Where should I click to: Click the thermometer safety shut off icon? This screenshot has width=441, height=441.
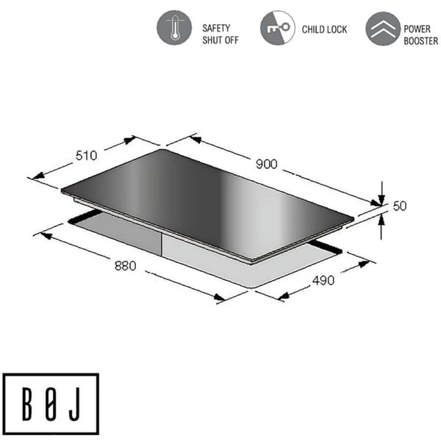click(x=174, y=28)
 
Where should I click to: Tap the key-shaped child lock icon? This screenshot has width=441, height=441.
click(x=278, y=28)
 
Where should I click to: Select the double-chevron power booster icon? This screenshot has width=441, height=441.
click(x=383, y=29)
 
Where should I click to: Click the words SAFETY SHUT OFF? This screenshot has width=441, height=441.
click(x=220, y=34)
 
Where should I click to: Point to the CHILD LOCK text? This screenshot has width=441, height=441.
click(x=324, y=29)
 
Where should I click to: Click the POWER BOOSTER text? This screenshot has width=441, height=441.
click(x=420, y=35)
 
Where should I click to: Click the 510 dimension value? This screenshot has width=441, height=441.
click(x=86, y=156)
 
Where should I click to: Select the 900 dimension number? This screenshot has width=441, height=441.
click(x=266, y=164)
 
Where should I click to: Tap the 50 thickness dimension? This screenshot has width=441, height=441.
click(x=400, y=206)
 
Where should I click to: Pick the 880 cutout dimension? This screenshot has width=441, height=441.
click(x=125, y=266)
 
